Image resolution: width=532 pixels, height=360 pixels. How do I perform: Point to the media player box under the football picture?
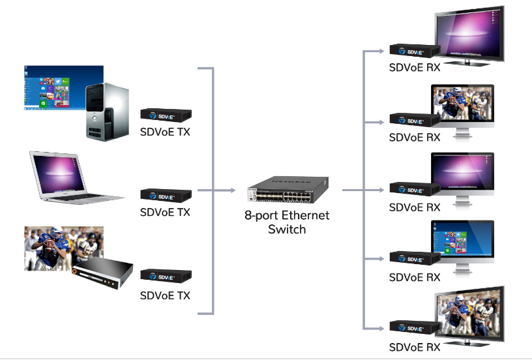[x=103, y=272]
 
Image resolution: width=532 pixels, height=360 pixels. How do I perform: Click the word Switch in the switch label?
[x=287, y=230]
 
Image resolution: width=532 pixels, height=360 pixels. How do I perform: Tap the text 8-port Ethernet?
[x=287, y=216]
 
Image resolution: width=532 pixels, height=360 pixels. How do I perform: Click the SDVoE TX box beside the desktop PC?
[x=166, y=115]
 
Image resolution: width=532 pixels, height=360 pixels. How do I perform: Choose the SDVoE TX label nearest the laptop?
[x=166, y=212]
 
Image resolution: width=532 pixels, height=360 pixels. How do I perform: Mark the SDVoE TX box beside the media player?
[x=166, y=275]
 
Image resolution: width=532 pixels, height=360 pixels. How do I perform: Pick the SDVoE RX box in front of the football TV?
[x=414, y=327]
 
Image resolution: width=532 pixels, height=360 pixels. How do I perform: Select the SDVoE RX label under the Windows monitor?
[x=415, y=277]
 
